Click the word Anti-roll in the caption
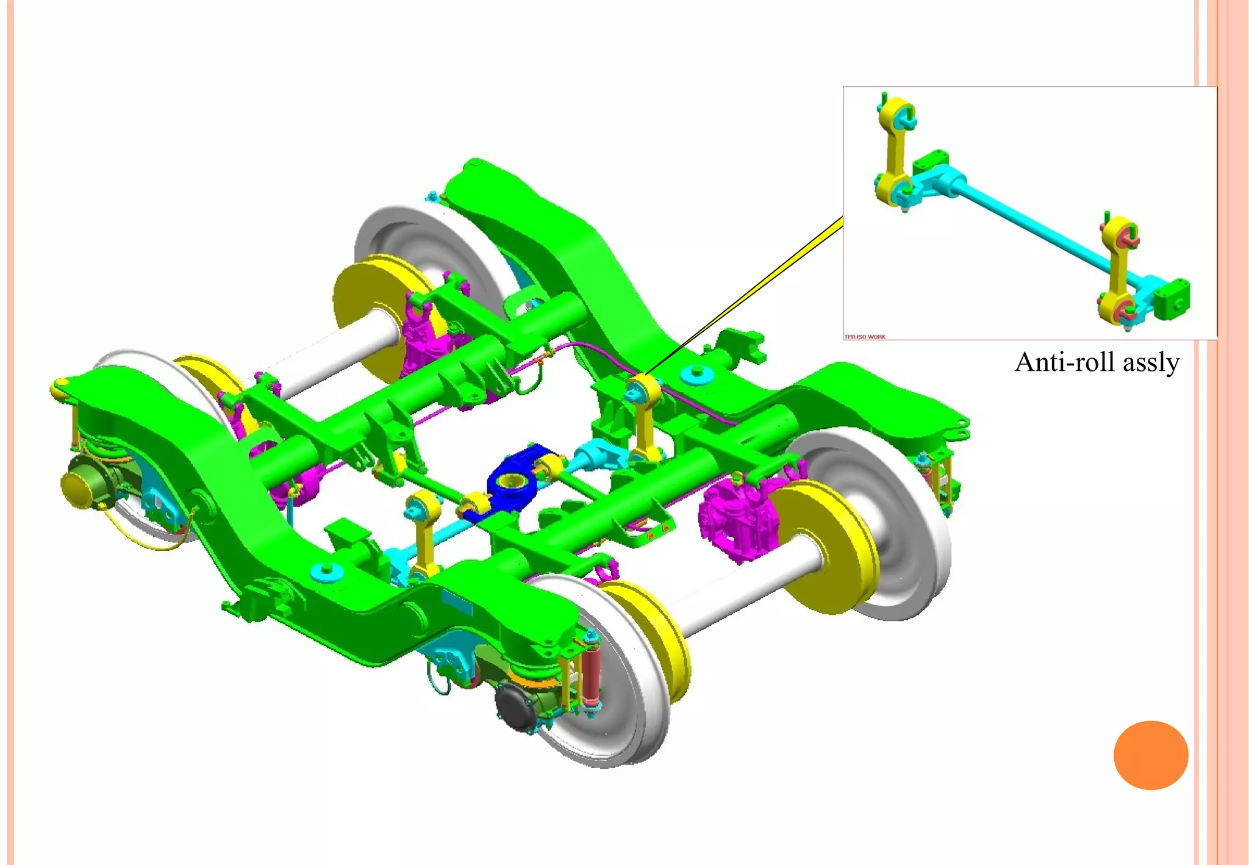1065,362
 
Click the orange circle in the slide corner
1150,755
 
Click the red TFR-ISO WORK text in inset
865,337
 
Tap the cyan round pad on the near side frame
326,571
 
